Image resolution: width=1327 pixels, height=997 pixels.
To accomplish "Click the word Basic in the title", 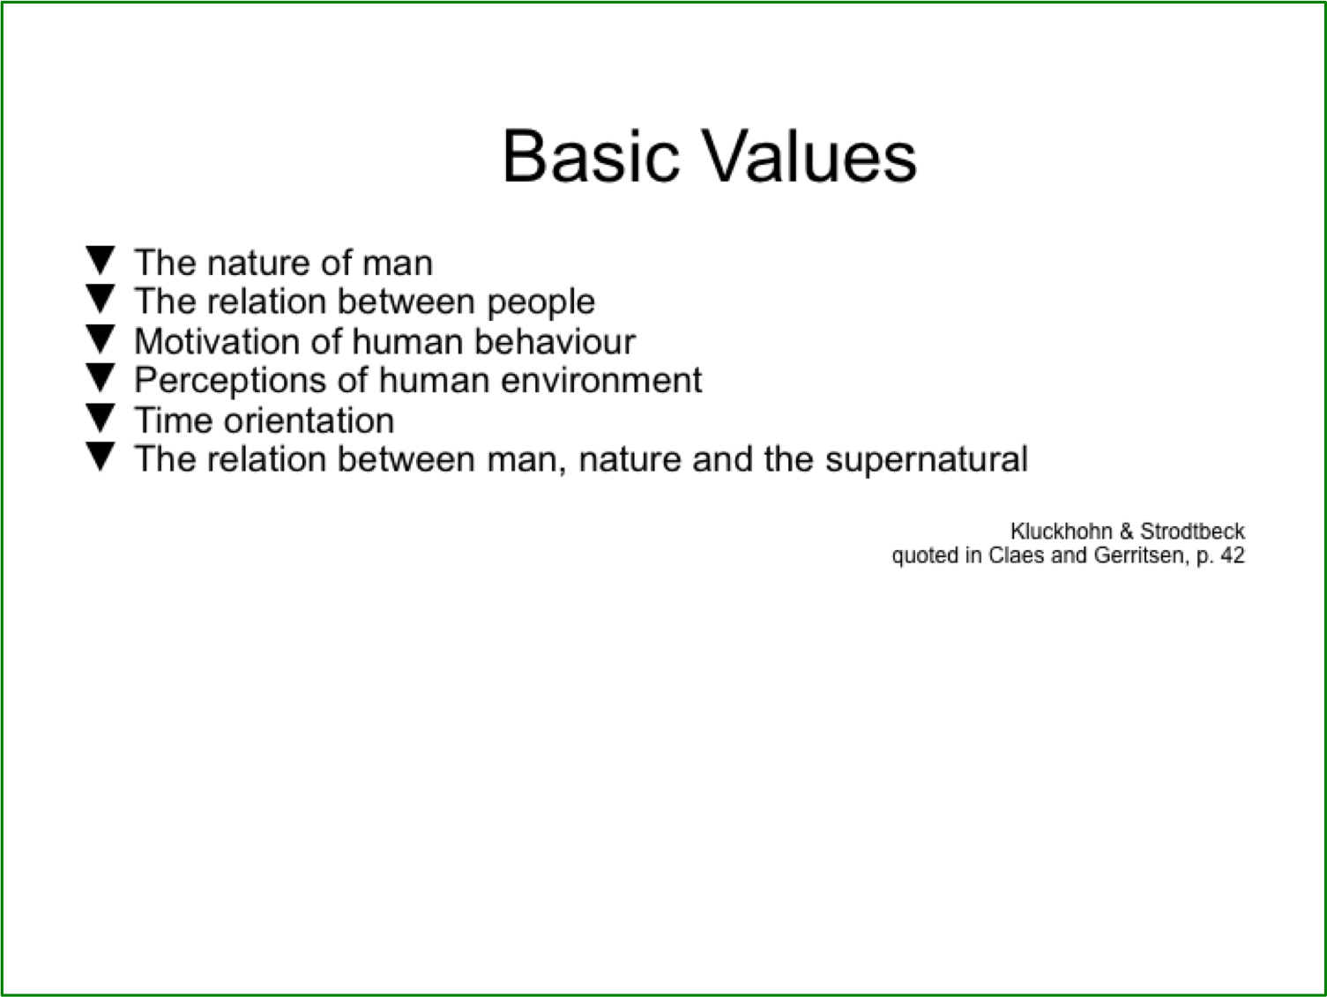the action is click(x=592, y=156).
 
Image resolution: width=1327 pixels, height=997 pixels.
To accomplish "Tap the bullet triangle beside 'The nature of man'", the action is click(x=101, y=260).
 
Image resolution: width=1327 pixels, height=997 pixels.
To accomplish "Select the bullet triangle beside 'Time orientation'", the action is click(x=101, y=418).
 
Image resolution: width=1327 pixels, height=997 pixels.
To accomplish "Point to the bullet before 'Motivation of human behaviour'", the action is click(x=101, y=339).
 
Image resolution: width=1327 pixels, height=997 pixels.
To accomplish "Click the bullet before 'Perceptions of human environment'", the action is click(x=101, y=378).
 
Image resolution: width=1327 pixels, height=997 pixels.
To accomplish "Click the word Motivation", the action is click(x=217, y=341).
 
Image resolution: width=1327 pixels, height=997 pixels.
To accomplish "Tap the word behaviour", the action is click(x=555, y=341).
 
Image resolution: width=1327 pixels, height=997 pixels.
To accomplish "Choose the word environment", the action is click(x=601, y=381).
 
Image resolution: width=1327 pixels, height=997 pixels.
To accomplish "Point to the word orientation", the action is click(x=309, y=420).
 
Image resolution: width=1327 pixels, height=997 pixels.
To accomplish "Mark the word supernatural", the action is click(x=927, y=460).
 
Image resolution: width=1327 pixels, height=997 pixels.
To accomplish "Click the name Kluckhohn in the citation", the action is click(x=1062, y=532).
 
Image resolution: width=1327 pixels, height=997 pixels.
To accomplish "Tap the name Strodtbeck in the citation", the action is click(x=1192, y=532).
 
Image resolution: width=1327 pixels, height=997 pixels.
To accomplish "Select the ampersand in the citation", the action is click(x=1126, y=532).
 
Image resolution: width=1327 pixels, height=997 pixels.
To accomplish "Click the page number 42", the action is click(x=1232, y=554).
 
